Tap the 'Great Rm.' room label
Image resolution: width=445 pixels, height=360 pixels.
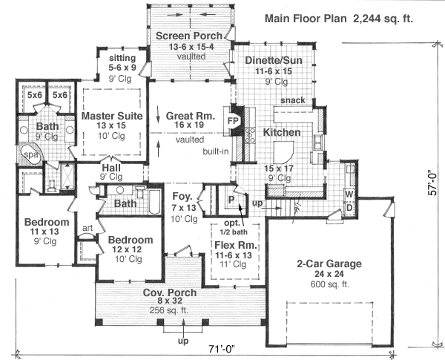pyautogui.click(x=190, y=117)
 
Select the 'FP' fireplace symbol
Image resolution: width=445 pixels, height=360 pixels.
pyautogui.click(x=231, y=119)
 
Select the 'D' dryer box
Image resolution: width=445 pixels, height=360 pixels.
pyautogui.click(x=349, y=206)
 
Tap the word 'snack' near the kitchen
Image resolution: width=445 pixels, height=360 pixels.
pyautogui.click(x=291, y=101)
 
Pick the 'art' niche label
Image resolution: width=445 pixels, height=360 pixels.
pyautogui.click(x=86, y=228)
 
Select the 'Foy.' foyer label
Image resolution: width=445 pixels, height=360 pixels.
pyautogui.click(x=182, y=197)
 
